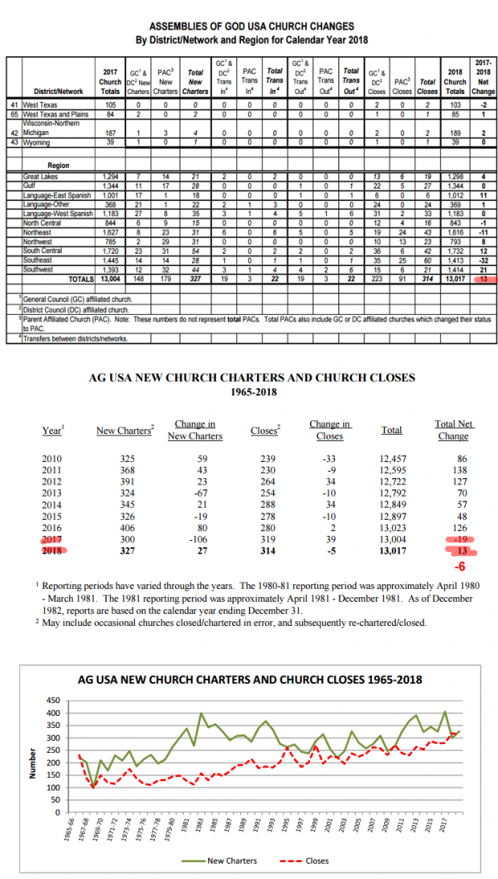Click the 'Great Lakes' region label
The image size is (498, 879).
pos(41,176)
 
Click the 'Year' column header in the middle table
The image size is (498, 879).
pos(52,431)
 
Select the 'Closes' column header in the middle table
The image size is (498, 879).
pos(264,431)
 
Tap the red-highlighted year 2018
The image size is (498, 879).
pos(51,552)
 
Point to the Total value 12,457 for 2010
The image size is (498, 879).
pos(391,458)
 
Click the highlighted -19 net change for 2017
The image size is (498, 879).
pos(459,539)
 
